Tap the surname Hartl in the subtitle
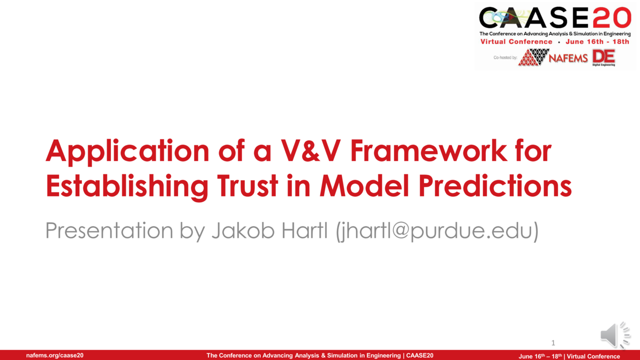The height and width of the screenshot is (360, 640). click(x=303, y=230)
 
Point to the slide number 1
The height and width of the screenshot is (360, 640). click(x=554, y=342)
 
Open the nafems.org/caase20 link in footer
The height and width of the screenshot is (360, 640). click(x=54, y=356)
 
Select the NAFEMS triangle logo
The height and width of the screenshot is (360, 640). click(x=534, y=57)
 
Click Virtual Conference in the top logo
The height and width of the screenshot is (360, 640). click(x=516, y=42)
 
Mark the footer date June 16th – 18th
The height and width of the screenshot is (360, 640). click(x=541, y=356)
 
